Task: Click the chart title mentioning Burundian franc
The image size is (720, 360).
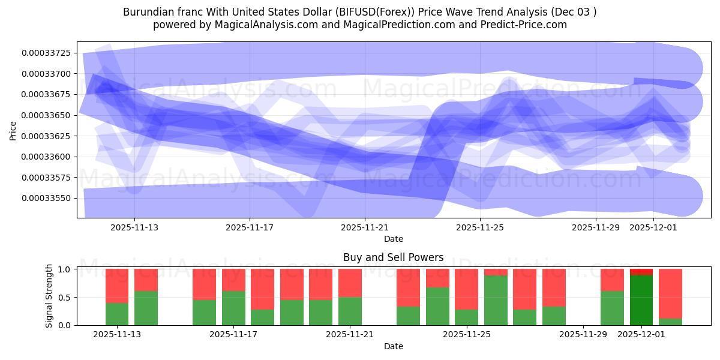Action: pyautogui.click(x=360, y=12)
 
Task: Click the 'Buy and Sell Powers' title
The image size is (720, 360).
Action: pyautogui.click(x=393, y=257)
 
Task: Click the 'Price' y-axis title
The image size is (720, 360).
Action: pyautogui.click(x=13, y=130)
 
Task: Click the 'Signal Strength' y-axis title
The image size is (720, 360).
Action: pyautogui.click(x=49, y=296)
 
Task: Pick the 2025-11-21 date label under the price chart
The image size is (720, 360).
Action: pyautogui.click(x=365, y=228)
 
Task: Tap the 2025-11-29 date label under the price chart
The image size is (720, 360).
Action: pyautogui.click(x=595, y=228)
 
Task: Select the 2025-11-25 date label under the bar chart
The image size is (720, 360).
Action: pyautogui.click(x=466, y=334)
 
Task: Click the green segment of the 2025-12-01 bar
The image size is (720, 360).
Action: pyautogui.click(x=641, y=300)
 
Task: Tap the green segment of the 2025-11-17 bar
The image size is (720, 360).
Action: pyautogui.click(x=233, y=308)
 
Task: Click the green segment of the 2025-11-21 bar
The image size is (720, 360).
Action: pyautogui.click(x=350, y=311)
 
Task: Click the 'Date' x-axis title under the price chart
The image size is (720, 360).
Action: pyautogui.click(x=393, y=239)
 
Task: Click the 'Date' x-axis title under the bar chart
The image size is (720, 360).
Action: pyautogui.click(x=393, y=346)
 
